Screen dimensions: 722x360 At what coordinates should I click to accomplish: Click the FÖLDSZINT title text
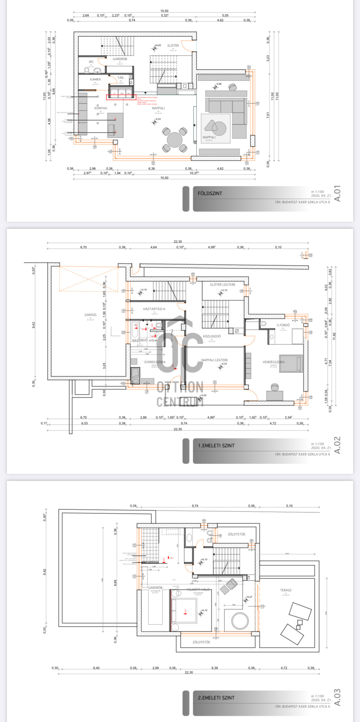click(210, 193)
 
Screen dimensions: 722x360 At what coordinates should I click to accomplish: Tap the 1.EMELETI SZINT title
click(216, 446)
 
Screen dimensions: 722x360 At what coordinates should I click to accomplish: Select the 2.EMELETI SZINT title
click(216, 698)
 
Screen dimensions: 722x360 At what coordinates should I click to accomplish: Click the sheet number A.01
click(337, 193)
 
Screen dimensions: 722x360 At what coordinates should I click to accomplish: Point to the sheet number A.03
click(337, 697)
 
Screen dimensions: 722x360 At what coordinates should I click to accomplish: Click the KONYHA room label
click(100, 108)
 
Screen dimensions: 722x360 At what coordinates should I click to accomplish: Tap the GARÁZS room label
click(90, 315)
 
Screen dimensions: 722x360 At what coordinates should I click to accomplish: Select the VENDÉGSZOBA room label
click(273, 362)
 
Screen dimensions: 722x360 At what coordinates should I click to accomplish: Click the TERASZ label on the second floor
click(286, 590)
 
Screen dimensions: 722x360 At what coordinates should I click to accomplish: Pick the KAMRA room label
click(95, 79)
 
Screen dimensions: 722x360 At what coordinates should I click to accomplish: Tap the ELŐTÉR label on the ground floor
click(173, 46)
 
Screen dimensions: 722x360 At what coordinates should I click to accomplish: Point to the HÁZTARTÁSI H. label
click(154, 309)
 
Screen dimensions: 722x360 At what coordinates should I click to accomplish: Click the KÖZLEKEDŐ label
click(212, 336)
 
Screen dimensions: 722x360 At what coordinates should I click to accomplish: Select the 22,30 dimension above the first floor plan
click(178, 241)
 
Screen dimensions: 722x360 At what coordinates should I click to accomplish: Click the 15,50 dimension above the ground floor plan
click(164, 11)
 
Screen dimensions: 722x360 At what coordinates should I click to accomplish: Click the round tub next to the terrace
click(240, 620)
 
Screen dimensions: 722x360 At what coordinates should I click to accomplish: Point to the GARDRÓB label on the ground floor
click(120, 59)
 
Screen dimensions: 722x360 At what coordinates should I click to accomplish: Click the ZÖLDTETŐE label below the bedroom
click(201, 642)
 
